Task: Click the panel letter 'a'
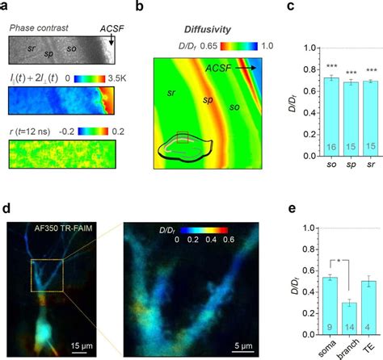pyautogui.click(x=6, y=7)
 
